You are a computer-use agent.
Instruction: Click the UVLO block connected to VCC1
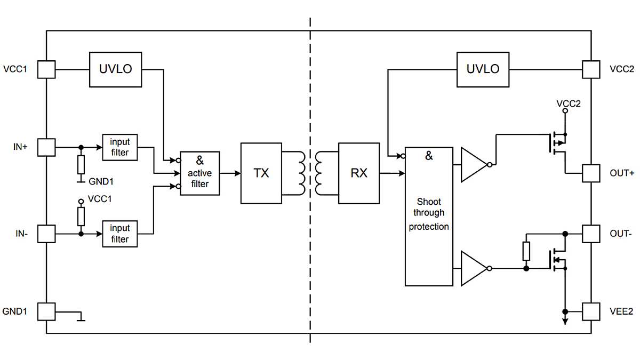click(115, 69)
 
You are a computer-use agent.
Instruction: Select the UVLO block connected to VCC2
click(483, 69)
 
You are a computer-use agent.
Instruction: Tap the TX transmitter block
click(261, 173)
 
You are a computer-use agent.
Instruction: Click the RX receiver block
click(359, 173)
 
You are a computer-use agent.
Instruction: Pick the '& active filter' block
click(199, 173)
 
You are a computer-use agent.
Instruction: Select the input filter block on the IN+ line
click(119, 147)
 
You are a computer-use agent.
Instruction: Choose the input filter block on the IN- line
click(119, 234)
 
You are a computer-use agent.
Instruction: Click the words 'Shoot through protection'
click(429, 214)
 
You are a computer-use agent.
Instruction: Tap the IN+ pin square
click(46, 147)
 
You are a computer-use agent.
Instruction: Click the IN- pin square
click(46, 234)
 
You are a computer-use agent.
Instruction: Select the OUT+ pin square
click(591, 173)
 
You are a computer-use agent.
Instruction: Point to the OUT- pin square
click(591, 234)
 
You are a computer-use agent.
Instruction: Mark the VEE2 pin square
click(591, 311)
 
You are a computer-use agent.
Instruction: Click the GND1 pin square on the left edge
click(46, 311)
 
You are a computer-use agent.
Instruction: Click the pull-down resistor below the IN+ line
click(81, 165)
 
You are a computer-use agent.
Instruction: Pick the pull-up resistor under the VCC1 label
click(81, 216)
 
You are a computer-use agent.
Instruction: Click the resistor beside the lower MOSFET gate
click(526, 251)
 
